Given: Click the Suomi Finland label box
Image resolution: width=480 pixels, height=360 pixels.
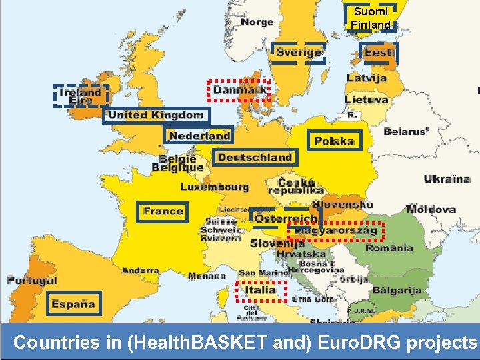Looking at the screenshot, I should pyautogui.click(x=371, y=18).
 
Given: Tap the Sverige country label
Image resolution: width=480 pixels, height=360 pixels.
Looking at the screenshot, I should pyautogui.click(x=299, y=52).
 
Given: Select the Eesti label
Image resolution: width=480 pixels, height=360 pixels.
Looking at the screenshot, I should pyautogui.click(x=379, y=52).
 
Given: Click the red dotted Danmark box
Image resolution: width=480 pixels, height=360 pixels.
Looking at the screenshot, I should pyautogui.click(x=239, y=89).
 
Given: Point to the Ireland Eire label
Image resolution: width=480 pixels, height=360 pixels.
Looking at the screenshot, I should pyautogui.click(x=81, y=95).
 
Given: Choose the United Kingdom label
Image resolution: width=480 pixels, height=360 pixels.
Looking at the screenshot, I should pyautogui.click(x=156, y=115).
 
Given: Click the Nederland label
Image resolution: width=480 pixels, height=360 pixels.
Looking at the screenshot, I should pyautogui.click(x=199, y=135).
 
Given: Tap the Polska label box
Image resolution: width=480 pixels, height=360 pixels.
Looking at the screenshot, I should pyautogui.click(x=334, y=141).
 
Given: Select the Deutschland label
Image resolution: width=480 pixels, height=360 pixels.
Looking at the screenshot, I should pyautogui.click(x=255, y=157).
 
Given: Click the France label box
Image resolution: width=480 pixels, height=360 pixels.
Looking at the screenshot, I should pyautogui.click(x=163, y=211).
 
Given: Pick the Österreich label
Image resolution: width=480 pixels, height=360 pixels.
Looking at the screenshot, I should pyautogui.click(x=286, y=219).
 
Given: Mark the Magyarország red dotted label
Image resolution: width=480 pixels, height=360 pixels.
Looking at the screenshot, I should pyautogui.click(x=336, y=231).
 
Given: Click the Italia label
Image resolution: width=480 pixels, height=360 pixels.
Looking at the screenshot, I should pyautogui.click(x=260, y=290).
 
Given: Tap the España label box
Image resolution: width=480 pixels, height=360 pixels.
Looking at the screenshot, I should pyautogui.click(x=73, y=303).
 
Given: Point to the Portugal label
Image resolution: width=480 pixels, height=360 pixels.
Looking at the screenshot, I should pyautogui.click(x=32, y=281).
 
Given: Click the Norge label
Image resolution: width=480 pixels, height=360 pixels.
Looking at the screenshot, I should pyautogui.click(x=257, y=22).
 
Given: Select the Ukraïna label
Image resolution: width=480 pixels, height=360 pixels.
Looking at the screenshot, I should pyautogui.click(x=447, y=179).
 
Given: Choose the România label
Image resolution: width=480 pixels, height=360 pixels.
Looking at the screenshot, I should pyautogui.click(x=389, y=248).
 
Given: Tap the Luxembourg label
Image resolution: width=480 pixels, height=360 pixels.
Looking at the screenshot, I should pyautogui.click(x=215, y=187).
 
